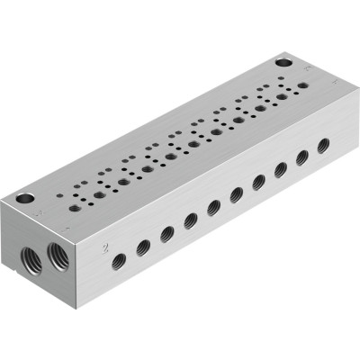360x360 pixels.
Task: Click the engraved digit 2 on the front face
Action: tap(105, 245)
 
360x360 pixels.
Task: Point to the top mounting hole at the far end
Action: tap(284, 64)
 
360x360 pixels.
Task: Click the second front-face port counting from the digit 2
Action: tap(143, 247)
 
